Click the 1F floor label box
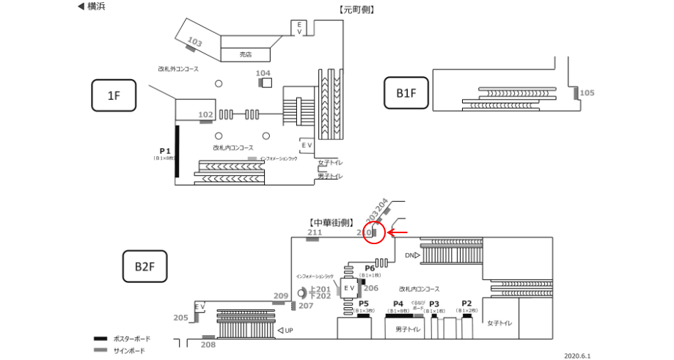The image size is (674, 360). [x=114, y=95]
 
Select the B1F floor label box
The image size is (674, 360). [x=406, y=93]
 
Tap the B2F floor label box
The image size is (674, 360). [x=144, y=265]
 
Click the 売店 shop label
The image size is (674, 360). [x=246, y=54]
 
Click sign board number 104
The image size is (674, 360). [x=263, y=73]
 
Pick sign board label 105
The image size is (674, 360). [x=587, y=93]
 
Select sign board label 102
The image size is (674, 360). [x=205, y=114]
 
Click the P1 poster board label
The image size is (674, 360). [x=165, y=151]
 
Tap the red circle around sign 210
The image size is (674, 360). [x=374, y=233]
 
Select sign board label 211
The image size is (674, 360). [x=315, y=233]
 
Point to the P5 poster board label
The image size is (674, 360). [x=363, y=304]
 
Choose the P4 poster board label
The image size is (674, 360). [x=398, y=304]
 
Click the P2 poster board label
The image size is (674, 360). [x=466, y=304]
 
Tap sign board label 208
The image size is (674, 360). [x=208, y=345]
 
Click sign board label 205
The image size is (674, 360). [x=181, y=317]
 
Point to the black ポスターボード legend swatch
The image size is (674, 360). [x=101, y=339]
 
